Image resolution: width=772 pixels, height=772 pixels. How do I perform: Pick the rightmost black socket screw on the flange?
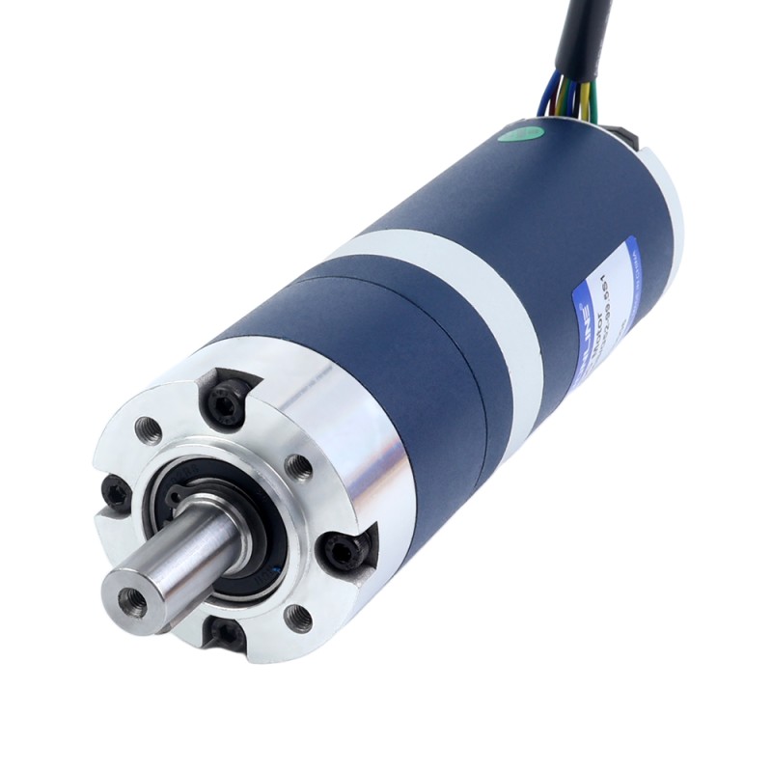345,550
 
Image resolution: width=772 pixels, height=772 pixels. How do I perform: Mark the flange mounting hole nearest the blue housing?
301,469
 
